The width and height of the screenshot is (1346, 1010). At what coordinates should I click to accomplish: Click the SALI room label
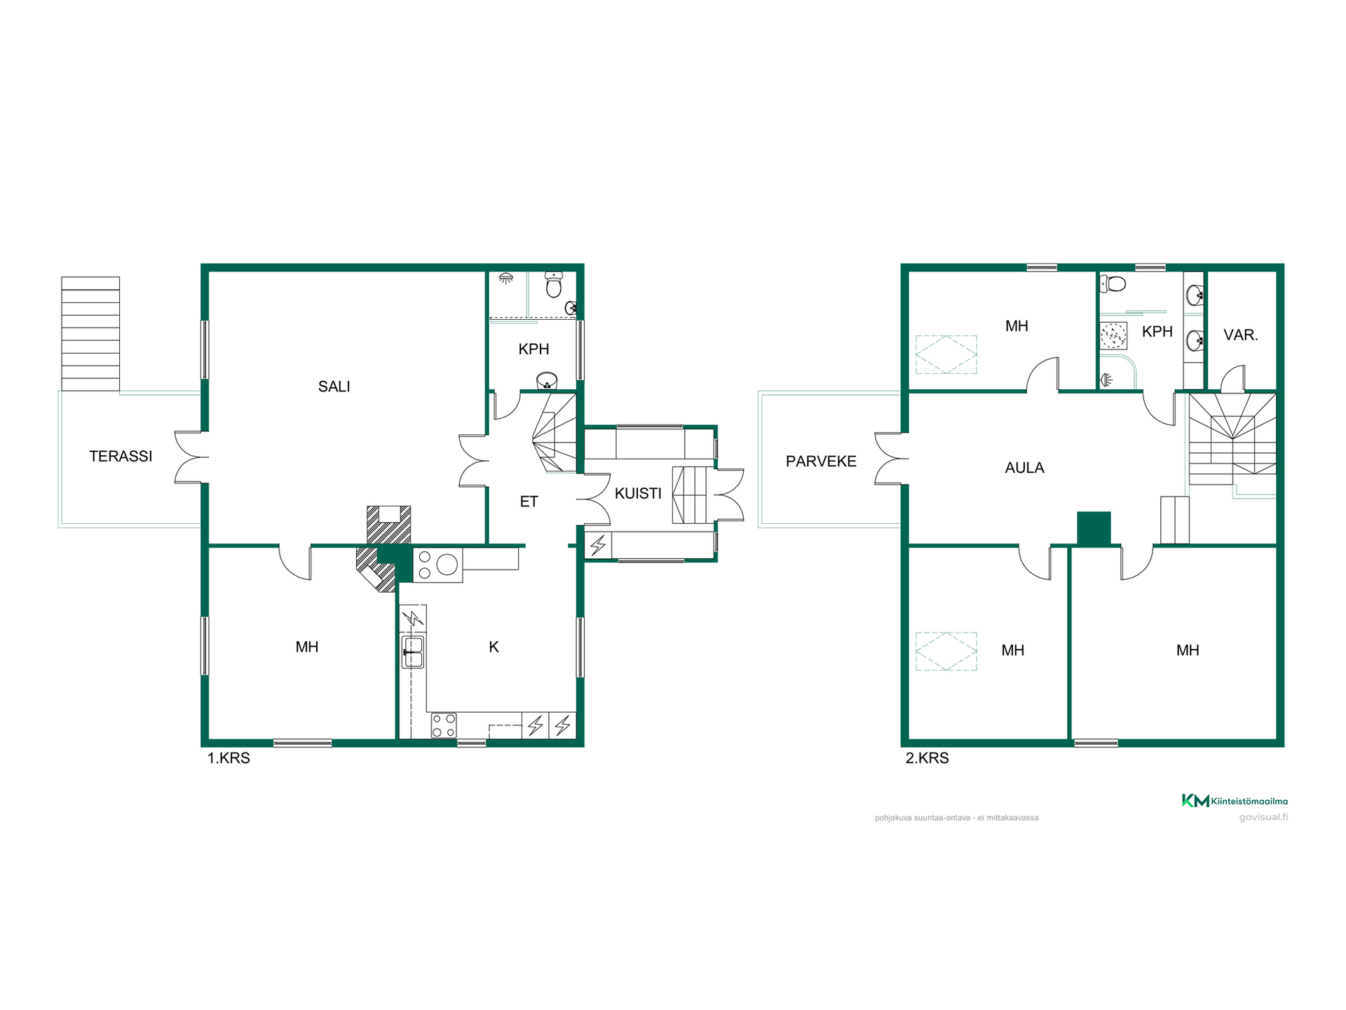(x=334, y=386)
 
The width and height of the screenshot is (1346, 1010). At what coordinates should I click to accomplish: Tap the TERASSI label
(x=121, y=457)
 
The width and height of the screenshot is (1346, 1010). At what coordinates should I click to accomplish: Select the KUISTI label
(x=638, y=494)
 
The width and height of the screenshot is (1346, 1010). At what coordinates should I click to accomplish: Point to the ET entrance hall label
(x=529, y=501)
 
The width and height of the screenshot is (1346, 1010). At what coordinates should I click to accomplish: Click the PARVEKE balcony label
(x=821, y=462)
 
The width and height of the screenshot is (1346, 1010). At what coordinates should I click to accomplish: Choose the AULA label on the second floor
(x=1024, y=468)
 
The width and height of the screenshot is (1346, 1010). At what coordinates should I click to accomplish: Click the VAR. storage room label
(x=1241, y=335)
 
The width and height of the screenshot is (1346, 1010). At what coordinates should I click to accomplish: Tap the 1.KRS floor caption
(x=229, y=758)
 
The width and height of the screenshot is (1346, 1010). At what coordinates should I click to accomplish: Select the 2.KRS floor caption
(x=927, y=758)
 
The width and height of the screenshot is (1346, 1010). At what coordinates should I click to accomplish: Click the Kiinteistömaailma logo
(x=1235, y=801)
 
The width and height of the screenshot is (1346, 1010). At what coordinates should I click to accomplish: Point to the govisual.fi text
(x=1263, y=817)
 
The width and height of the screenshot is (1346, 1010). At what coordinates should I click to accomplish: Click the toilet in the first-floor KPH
(x=554, y=285)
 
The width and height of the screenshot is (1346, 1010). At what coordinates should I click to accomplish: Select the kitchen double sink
(x=412, y=652)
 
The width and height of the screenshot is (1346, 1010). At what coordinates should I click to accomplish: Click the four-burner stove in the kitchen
(x=443, y=725)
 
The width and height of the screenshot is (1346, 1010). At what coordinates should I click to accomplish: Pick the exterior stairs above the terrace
(x=90, y=334)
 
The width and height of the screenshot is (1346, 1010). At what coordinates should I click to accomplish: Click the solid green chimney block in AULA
(x=1094, y=528)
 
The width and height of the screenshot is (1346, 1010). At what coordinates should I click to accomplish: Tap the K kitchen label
(x=494, y=647)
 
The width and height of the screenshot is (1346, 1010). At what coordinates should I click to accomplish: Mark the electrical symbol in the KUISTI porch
(x=598, y=545)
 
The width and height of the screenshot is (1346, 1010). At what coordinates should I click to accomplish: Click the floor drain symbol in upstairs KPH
(x=1113, y=335)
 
